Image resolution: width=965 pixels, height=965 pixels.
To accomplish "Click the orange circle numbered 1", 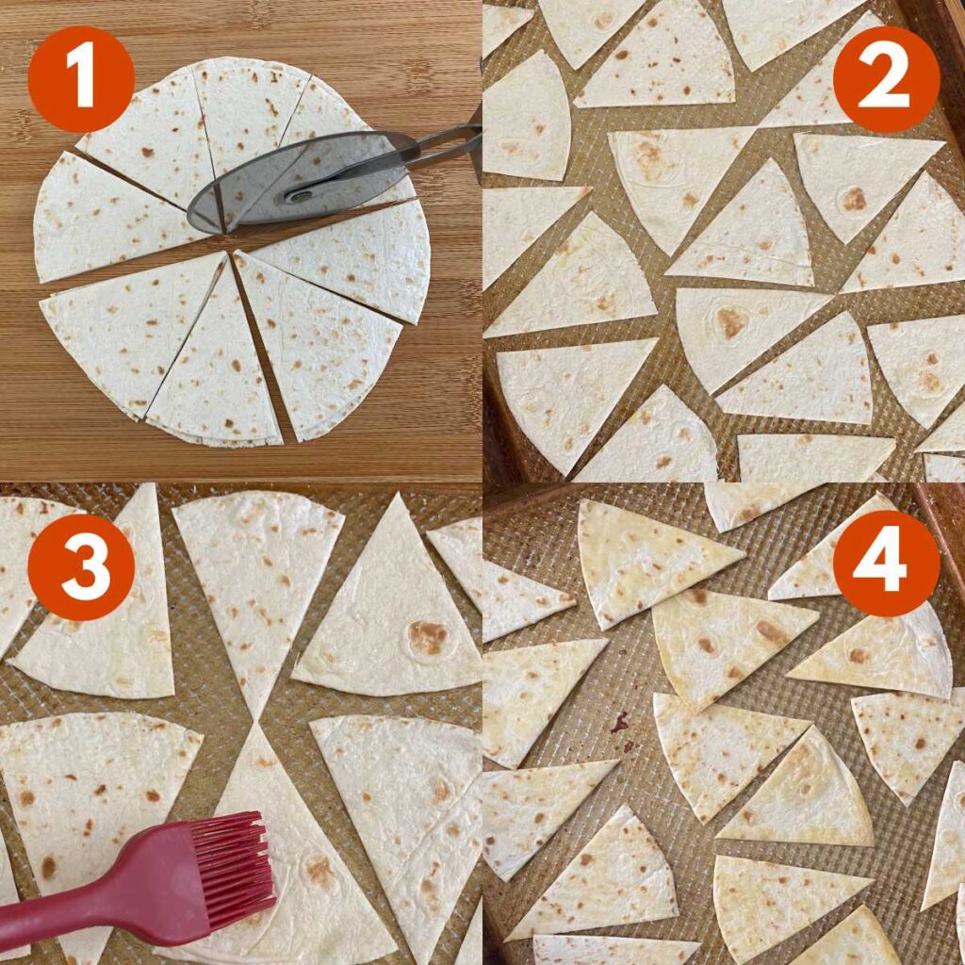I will tap(81, 79).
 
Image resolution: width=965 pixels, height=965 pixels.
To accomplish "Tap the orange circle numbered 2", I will tap(886, 79).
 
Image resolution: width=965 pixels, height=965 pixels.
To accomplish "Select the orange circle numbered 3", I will tap(81, 566).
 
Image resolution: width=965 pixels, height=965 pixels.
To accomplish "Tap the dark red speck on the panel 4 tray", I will tap(619, 723).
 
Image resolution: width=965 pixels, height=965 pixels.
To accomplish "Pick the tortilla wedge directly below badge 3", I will tap(104, 650).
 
